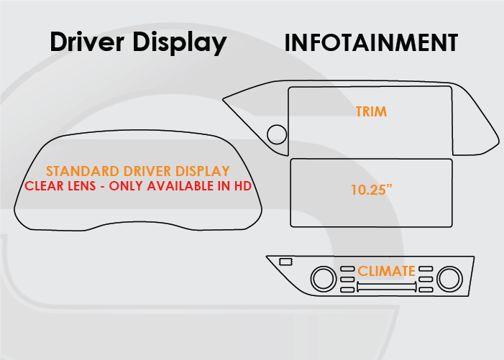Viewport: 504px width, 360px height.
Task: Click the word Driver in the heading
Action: [86, 42]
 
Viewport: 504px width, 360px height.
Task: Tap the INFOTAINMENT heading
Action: [371, 42]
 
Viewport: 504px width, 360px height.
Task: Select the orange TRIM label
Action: [371, 111]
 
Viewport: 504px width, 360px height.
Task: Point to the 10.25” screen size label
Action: [371, 190]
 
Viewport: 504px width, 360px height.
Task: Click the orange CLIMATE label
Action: [387, 271]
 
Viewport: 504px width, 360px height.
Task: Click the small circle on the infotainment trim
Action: [276, 134]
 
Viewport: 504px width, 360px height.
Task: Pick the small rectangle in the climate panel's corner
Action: [285, 262]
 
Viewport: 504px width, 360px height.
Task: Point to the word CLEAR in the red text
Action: [45, 186]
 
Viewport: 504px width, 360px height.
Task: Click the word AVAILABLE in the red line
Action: [180, 186]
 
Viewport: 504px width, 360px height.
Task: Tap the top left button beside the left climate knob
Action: [347, 269]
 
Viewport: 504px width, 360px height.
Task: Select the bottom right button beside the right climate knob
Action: [426, 289]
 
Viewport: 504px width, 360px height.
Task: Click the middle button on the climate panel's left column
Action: [347, 279]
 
